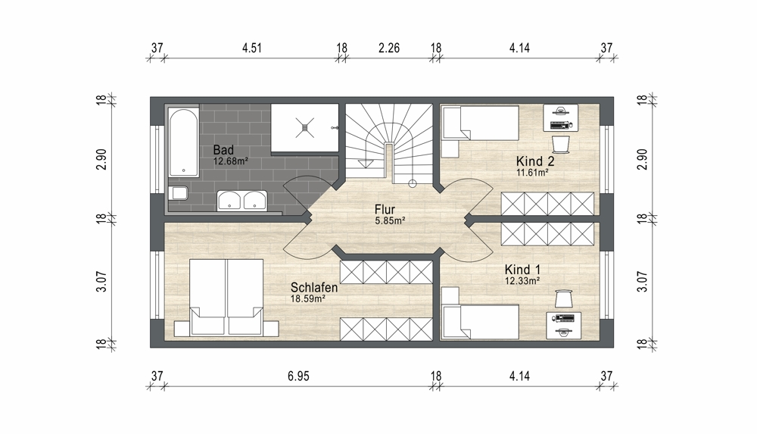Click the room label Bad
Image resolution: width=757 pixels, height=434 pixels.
click(x=223, y=150)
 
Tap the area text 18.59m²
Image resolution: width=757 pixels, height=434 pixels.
click(x=307, y=298)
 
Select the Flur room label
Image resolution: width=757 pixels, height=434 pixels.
click(x=385, y=210)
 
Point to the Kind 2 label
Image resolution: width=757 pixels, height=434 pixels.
click(x=535, y=161)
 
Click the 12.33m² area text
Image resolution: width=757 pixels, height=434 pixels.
click(x=522, y=280)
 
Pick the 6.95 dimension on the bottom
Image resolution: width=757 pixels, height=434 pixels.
click(x=298, y=376)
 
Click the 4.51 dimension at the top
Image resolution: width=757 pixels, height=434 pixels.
click(x=252, y=48)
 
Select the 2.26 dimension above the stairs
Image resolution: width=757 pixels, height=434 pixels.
click(x=389, y=48)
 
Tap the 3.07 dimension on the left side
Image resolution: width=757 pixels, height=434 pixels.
click(x=101, y=281)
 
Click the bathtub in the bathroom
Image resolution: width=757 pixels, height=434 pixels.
click(x=183, y=142)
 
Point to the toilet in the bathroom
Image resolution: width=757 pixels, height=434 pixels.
click(x=179, y=193)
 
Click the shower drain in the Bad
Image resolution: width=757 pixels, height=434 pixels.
click(x=304, y=127)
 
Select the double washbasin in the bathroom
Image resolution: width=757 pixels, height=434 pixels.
click(x=242, y=200)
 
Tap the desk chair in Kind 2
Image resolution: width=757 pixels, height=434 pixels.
click(x=561, y=144)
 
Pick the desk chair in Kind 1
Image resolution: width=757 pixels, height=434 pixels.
click(x=563, y=298)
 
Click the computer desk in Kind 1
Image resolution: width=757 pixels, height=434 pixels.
click(x=564, y=325)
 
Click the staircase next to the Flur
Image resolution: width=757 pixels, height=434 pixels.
click(x=390, y=144)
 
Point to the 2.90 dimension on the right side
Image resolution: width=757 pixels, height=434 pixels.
click(x=642, y=159)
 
